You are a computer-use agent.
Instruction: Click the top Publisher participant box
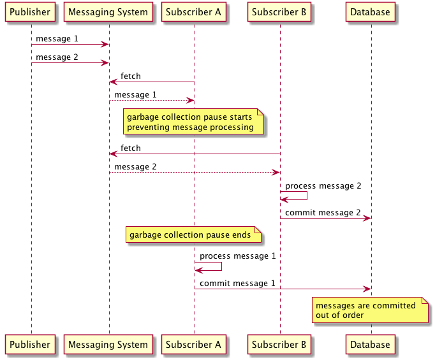coord(30,12)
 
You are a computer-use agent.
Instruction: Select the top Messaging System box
coord(108,12)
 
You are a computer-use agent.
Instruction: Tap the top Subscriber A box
coord(194,12)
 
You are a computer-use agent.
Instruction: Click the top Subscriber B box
coord(279,12)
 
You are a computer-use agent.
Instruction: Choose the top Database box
coord(370,12)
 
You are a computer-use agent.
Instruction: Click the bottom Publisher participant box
coord(30,345)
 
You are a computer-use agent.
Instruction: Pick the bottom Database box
coord(370,345)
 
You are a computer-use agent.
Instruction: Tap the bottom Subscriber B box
coord(279,345)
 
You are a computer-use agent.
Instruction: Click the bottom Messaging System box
coord(108,345)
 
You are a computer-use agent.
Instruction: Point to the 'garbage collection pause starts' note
coord(193,122)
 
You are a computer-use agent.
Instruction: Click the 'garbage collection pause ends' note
coord(193,235)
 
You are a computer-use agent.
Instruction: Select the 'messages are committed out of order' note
coord(369,310)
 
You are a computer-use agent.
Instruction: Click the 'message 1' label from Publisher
coord(57,39)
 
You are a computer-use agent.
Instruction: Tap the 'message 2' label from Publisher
coord(57,57)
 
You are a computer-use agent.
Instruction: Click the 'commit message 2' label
coord(323,212)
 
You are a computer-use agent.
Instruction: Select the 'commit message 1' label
coord(237,283)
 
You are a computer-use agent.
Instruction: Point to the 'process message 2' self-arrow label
coord(323,186)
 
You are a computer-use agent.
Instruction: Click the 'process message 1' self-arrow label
coord(237,256)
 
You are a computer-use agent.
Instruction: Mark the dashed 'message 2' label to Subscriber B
coord(135,167)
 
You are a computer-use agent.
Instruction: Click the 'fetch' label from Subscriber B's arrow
coord(131,148)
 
